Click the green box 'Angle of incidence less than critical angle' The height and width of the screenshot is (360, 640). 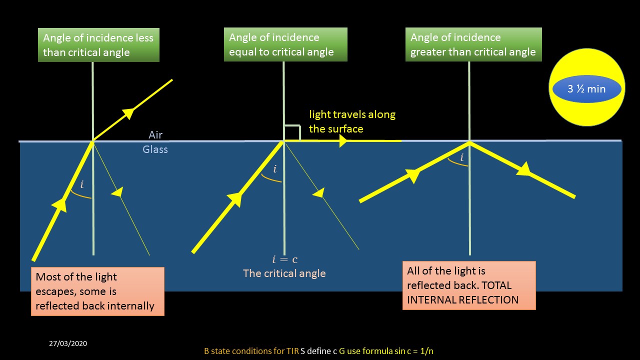click(98, 45)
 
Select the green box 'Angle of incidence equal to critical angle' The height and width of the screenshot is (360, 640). click(285, 44)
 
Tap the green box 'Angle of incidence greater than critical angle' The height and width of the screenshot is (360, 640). click(473, 44)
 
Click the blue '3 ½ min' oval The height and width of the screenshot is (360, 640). click(586, 89)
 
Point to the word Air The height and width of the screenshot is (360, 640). click(155, 135)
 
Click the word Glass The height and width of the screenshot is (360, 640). click(155, 149)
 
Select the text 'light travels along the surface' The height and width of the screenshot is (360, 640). click(351, 121)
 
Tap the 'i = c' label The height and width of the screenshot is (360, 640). click(284, 259)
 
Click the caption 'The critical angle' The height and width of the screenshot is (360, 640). click(284, 273)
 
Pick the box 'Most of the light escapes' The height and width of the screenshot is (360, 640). click(97, 291)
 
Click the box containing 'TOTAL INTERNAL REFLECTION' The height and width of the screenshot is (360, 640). click(468, 285)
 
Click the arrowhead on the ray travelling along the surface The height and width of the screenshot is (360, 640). click(343, 141)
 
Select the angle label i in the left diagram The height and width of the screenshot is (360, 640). click(82, 185)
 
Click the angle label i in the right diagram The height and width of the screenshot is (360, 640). click(461, 158)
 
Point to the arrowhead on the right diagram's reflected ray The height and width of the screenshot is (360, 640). click(523, 170)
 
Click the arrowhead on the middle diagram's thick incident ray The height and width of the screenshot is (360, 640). click(236, 199)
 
